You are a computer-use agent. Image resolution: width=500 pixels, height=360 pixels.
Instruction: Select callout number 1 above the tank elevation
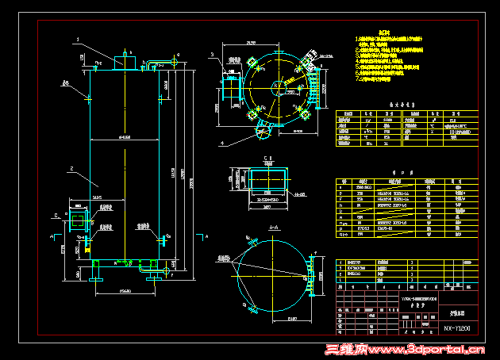77,38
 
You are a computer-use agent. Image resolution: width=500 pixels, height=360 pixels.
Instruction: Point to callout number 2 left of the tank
71,169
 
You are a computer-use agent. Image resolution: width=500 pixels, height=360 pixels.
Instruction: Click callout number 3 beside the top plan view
213,55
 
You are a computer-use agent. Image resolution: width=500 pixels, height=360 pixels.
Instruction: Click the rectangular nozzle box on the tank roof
125,62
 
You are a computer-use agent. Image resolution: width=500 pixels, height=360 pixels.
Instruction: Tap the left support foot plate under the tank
97,278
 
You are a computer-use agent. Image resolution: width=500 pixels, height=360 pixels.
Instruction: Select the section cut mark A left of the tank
54,236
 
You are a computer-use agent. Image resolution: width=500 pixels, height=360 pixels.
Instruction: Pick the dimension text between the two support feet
125,291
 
